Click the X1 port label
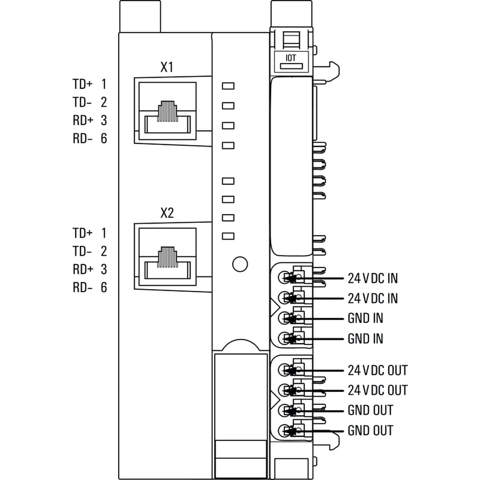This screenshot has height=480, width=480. (167, 68)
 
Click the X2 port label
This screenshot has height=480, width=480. (167, 214)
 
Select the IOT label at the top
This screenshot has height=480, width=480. (290, 57)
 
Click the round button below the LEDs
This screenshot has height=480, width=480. (239, 264)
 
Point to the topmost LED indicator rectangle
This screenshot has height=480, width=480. (228, 86)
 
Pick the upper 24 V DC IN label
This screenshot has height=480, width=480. (372, 278)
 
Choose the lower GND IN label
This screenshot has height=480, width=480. (365, 339)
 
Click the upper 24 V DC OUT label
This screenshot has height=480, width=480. (377, 371)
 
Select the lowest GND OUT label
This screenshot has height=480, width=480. (370, 431)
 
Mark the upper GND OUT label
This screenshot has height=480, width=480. (370, 410)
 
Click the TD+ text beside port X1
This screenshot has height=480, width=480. (83, 84)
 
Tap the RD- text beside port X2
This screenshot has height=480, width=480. (83, 288)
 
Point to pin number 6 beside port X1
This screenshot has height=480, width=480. (104, 139)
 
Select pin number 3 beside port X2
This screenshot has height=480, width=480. (104, 269)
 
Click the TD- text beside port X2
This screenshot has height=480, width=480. (83, 251)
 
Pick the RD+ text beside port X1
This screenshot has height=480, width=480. (83, 120)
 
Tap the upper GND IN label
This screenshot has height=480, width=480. (365, 318)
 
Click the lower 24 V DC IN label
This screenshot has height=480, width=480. (372, 299)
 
